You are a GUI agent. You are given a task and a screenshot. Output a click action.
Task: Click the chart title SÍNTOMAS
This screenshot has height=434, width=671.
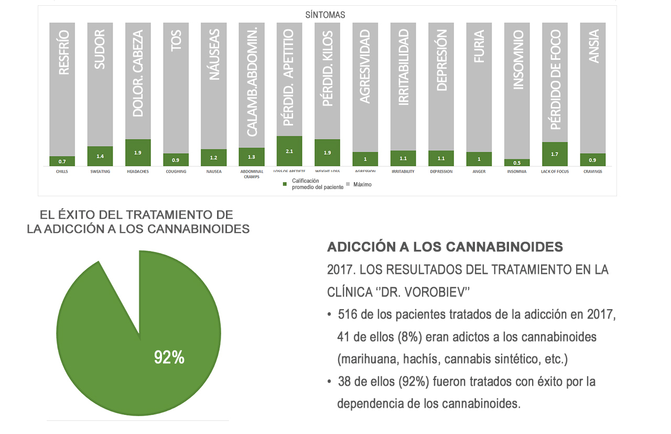(x=325, y=15)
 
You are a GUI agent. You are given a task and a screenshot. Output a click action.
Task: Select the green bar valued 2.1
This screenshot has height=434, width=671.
(x=289, y=151)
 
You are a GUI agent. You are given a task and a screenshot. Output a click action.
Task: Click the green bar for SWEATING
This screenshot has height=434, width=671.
(x=100, y=156)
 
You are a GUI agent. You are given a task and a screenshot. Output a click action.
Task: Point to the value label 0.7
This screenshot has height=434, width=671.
(x=62, y=161)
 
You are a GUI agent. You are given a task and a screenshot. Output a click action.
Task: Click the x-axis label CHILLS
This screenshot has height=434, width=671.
(x=62, y=172)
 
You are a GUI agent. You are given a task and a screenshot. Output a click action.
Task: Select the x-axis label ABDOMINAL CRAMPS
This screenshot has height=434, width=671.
(x=251, y=174)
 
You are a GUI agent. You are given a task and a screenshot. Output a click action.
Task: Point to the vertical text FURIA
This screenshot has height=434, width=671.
(x=479, y=47)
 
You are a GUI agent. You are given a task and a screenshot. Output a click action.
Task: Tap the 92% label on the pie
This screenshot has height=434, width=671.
(x=169, y=357)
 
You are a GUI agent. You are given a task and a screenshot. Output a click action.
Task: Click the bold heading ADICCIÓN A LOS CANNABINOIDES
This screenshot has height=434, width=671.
(x=445, y=247)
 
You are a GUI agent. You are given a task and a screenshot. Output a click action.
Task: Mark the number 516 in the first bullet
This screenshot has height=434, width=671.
(x=348, y=315)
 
